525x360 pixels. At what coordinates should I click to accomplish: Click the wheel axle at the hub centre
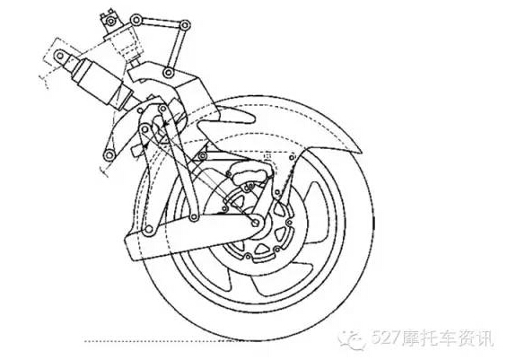coord(256,222)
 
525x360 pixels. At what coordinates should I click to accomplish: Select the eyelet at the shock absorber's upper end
coord(60,56)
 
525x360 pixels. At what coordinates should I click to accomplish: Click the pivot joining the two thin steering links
coord(185,25)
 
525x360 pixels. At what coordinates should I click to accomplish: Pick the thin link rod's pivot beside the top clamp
coord(136,20)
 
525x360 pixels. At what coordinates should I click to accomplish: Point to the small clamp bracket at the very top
coord(109,20)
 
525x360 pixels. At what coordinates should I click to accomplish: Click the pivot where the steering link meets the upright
coord(169,73)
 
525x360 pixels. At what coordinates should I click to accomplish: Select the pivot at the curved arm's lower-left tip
coord(109,155)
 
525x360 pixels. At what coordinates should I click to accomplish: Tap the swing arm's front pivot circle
coord(148,230)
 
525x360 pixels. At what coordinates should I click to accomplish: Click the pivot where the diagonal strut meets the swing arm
coord(194,217)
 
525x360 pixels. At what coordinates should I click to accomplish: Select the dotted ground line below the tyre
coord(160,341)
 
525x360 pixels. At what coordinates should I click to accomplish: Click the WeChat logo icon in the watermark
coord(353,338)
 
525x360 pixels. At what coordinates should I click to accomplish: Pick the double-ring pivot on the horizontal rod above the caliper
coord(202,155)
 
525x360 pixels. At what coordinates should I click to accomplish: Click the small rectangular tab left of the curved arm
coord(136,150)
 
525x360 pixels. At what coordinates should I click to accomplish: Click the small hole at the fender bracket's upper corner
coord(293,157)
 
